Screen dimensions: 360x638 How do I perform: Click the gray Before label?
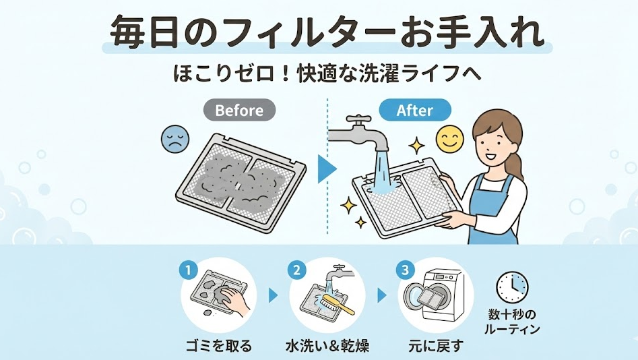(x=239, y=110)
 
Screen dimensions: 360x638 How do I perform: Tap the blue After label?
(x=414, y=110)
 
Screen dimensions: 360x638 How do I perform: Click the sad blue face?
(x=173, y=140)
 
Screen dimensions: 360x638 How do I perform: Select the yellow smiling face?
(x=450, y=140)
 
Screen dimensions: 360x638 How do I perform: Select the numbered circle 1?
(x=189, y=271)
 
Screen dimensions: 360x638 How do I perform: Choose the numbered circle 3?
(x=405, y=271)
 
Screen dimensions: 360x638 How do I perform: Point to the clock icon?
(x=512, y=287)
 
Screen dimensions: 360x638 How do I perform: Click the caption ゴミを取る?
(x=218, y=347)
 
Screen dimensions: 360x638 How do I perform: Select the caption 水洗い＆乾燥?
(x=326, y=347)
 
